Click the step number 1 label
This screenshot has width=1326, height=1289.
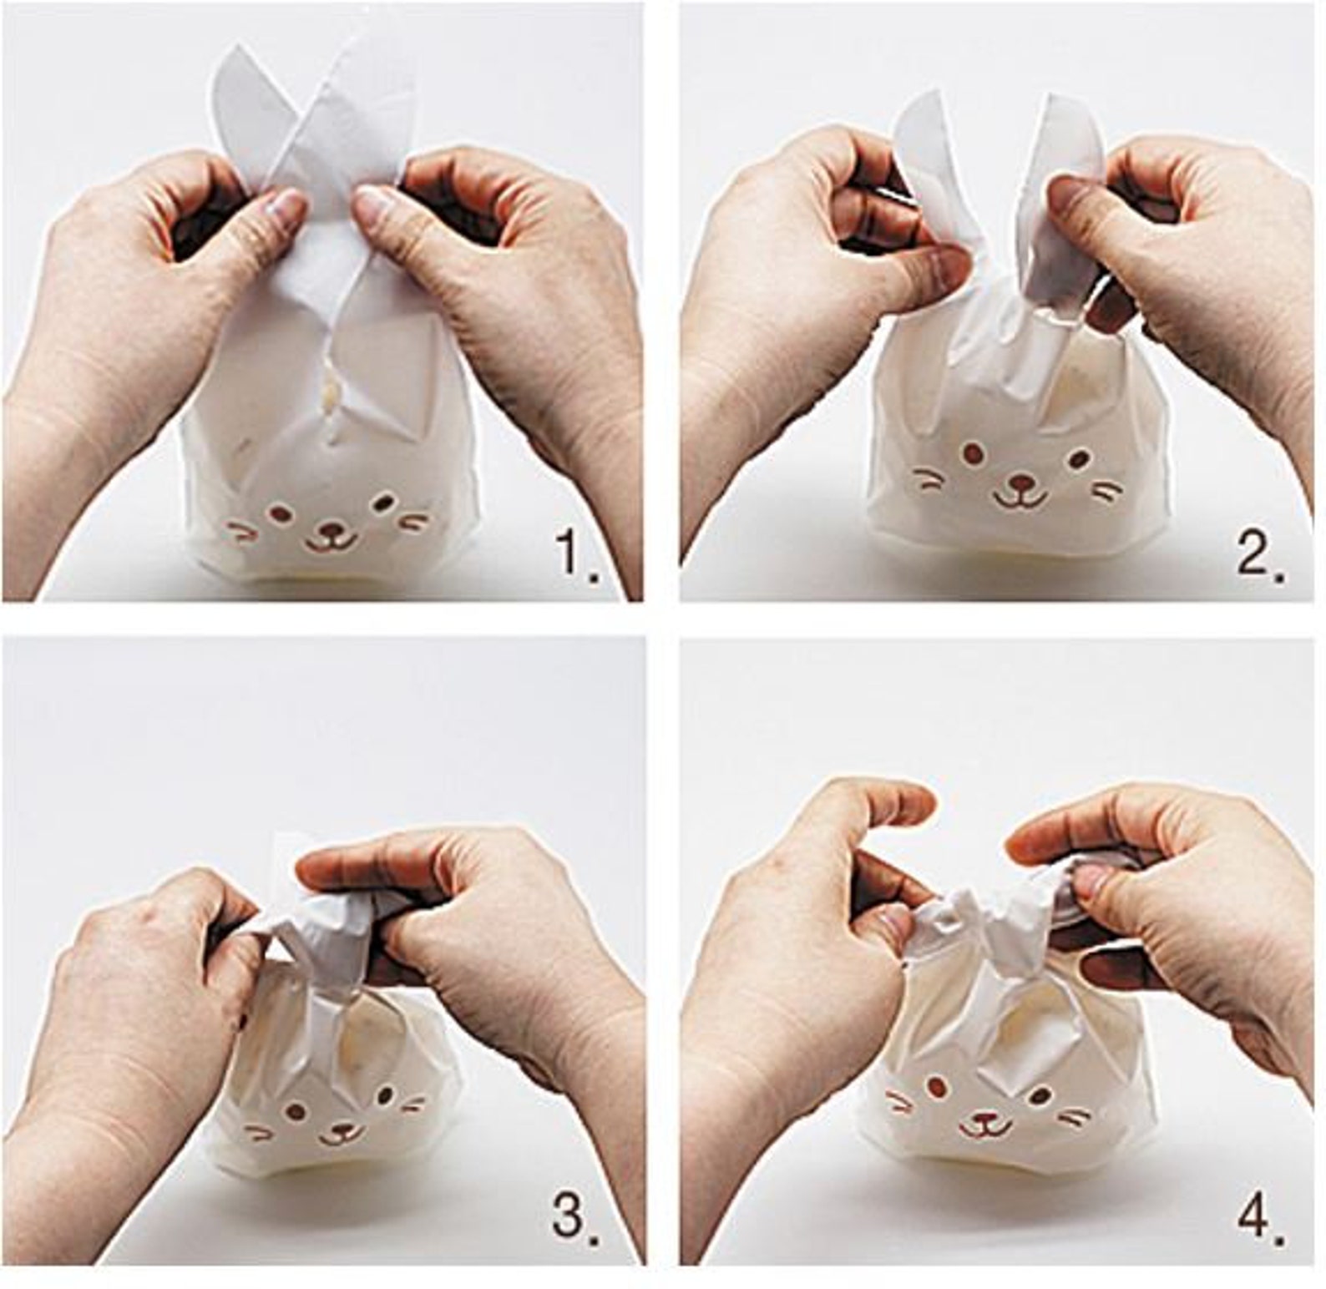coord(575,554)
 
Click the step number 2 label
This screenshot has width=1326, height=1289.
coord(1258,554)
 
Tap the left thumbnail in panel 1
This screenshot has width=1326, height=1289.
coord(286,203)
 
